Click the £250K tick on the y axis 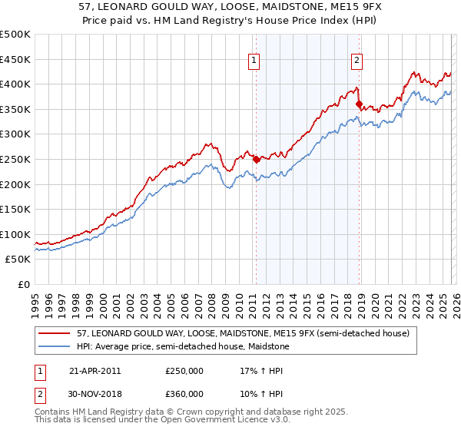coord(15,159)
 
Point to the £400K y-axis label coord(15,84)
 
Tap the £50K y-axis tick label coord(18,260)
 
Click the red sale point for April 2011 coord(256,160)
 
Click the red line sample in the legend coord(55,333)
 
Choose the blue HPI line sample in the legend coord(55,346)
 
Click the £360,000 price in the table coord(184,394)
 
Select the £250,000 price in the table coord(184,371)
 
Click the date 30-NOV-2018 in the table coord(95,394)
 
